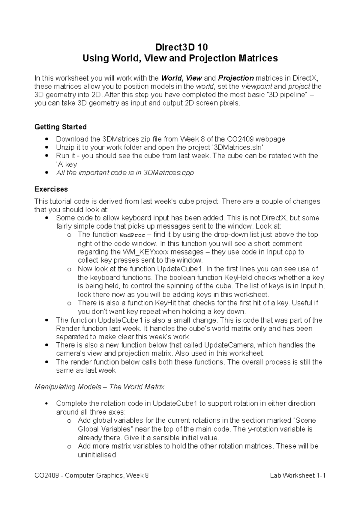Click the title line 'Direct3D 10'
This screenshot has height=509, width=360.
(180, 47)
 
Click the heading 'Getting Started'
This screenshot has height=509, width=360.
(61, 127)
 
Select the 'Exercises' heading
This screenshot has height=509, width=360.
(51, 189)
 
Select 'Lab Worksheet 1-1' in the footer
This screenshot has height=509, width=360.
(298, 475)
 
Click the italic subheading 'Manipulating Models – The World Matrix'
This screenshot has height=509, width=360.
(99, 387)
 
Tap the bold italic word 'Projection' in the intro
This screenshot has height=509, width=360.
(236, 78)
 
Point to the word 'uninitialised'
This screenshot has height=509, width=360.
(97, 454)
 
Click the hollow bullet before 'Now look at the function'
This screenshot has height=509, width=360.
(70, 269)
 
